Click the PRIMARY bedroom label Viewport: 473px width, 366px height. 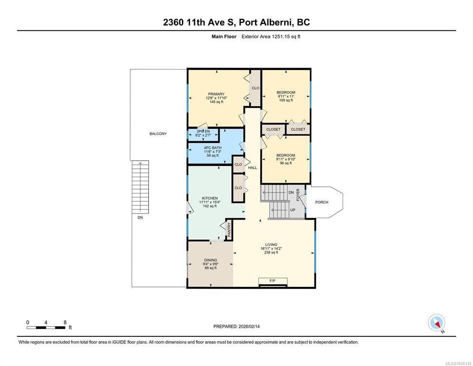tap(217, 94)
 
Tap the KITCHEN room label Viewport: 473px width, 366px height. tap(210, 198)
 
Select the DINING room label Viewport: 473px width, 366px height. tap(210, 260)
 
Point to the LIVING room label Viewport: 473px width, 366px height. tap(271, 245)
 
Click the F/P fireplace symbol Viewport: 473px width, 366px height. tap(273, 282)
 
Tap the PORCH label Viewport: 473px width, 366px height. tap(322, 202)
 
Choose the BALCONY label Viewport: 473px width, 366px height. tap(158, 133)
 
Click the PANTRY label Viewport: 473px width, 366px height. tap(229, 230)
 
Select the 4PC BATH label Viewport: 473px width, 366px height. tap(213, 148)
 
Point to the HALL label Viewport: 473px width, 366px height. tap(253, 167)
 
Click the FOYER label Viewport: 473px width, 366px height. tap(298, 194)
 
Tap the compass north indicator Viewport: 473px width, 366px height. tap(436, 323)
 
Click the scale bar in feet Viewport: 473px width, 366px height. tap(46, 327)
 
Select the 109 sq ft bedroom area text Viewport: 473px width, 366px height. tap(286, 101)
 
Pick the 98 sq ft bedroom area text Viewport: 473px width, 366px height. tap(286, 163)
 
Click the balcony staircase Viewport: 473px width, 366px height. tap(140, 187)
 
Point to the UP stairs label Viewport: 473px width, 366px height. tap(293, 210)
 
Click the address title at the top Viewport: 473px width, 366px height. tap(236, 22)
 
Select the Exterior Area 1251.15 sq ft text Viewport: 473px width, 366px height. tap(271, 37)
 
